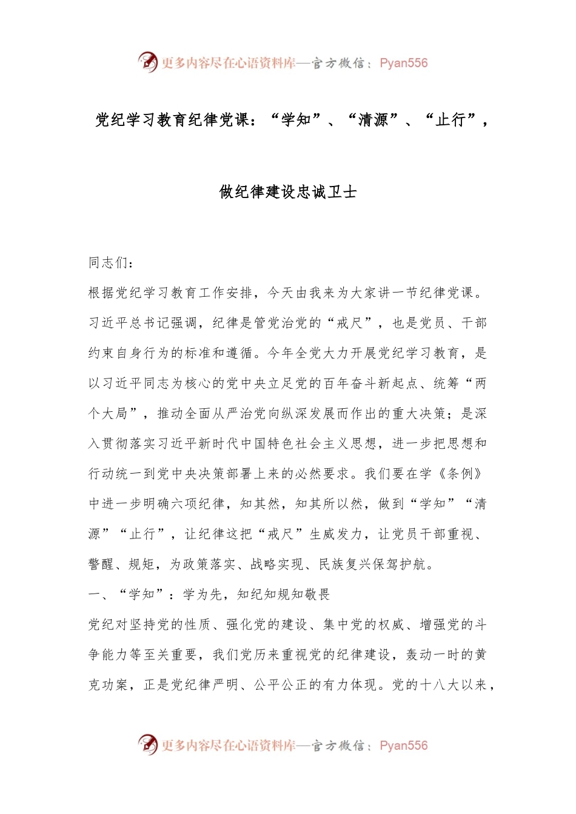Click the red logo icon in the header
click(x=147, y=62)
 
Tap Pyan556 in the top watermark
click(x=404, y=63)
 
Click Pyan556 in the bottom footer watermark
click(x=404, y=746)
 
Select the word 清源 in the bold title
click(x=373, y=120)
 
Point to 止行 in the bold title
click(x=450, y=120)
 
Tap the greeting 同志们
click(x=109, y=262)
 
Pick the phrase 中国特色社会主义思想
click(x=309, y=443)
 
